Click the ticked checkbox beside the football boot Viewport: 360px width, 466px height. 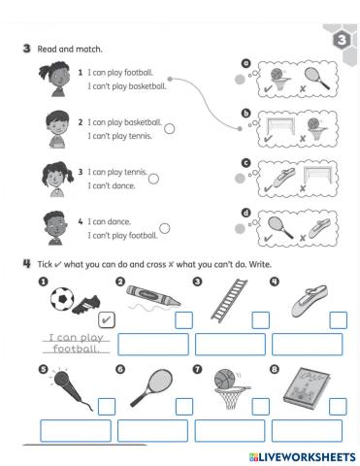click(x=108, y=319)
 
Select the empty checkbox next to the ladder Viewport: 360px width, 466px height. click(x=260, y=319)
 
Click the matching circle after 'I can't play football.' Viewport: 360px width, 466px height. click(x=164, y=228)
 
